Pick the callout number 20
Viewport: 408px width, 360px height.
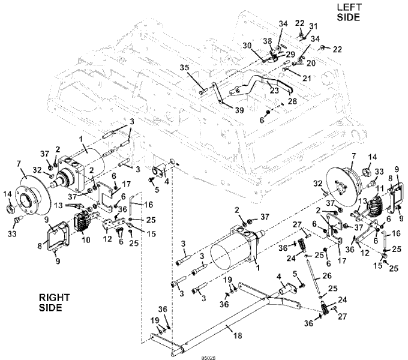point(311,62)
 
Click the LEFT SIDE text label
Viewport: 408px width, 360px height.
point(348,11)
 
